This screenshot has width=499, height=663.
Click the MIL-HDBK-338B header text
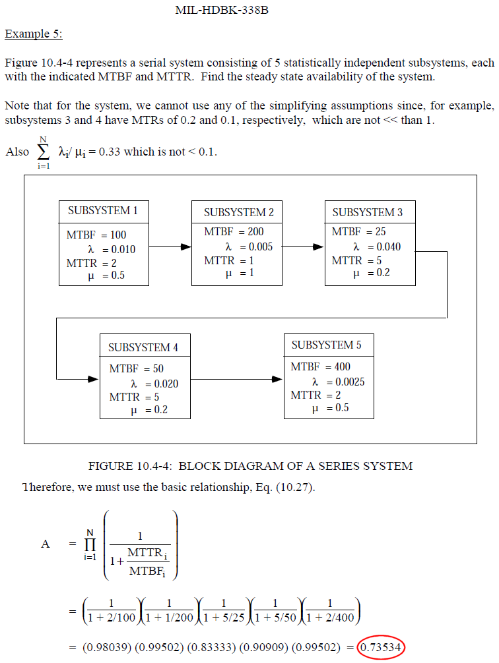[222, 10]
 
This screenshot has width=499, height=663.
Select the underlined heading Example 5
[34, 34]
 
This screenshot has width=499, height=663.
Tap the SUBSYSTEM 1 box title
[103, 211]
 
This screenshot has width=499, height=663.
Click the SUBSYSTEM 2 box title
[239, 212]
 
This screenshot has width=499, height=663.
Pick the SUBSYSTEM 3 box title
[367, 212]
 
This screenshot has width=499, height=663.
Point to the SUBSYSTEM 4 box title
[143, 347]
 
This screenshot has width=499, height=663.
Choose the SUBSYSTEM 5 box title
[326, 345]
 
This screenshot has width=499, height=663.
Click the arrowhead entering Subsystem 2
[186, 246]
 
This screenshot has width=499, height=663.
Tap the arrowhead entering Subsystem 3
[319, 246]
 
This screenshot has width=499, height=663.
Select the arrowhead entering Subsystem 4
[94, 379]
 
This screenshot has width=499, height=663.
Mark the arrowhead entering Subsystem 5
[277, 379]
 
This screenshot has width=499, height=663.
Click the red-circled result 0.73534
[382, 647]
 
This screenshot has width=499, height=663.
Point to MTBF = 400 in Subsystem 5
[320, 366]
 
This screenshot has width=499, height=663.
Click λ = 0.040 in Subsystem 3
[377, 246]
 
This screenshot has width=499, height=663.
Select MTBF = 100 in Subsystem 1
[96, 235]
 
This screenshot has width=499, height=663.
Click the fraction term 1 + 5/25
[224, 618]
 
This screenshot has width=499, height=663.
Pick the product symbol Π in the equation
[90, 544]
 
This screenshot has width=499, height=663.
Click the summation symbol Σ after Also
[43, 152]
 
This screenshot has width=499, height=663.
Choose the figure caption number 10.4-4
[152, 466]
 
